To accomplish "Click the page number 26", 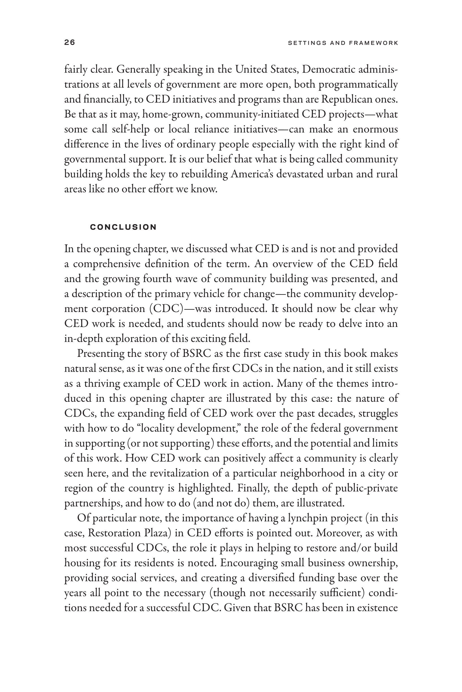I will pos(70,43).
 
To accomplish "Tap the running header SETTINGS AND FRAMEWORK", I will pos(343,43).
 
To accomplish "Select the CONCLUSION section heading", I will pos(123,227).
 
